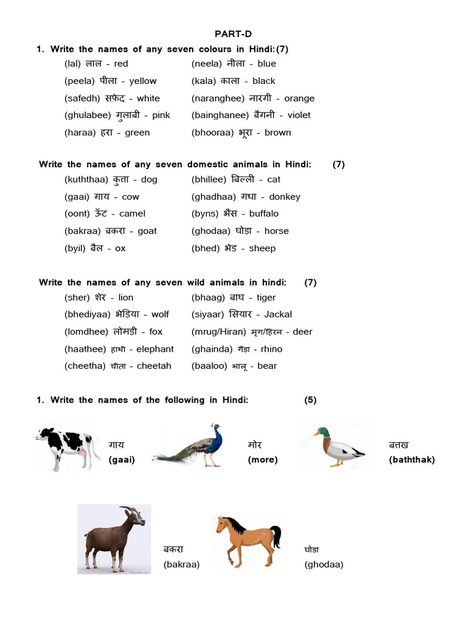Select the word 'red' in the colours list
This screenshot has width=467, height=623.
(121, 64)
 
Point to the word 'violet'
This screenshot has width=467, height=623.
(299, 115)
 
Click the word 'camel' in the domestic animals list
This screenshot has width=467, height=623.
(132, 214)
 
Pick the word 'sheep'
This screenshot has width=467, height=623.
(262, 248)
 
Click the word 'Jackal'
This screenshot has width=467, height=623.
(278, 315)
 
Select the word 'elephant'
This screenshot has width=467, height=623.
(155, 349)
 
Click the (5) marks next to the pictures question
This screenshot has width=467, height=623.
(310, 400)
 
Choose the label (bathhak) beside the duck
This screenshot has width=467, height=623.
(412, 460)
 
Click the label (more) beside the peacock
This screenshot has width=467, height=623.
(262, 460)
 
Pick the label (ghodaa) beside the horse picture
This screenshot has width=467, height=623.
(323, 565)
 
